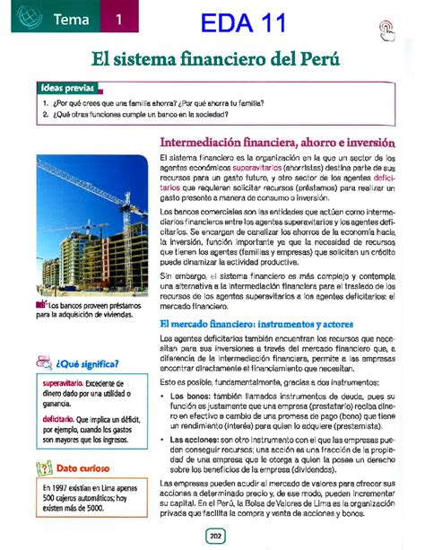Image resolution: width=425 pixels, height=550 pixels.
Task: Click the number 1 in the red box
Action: tap(118, 20)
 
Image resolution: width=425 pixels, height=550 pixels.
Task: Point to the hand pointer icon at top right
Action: tap(386, 29)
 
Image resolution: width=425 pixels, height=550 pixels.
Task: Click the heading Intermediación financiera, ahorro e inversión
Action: tap(276, 141)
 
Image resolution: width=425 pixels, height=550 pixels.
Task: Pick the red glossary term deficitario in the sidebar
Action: tap(56, 418)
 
